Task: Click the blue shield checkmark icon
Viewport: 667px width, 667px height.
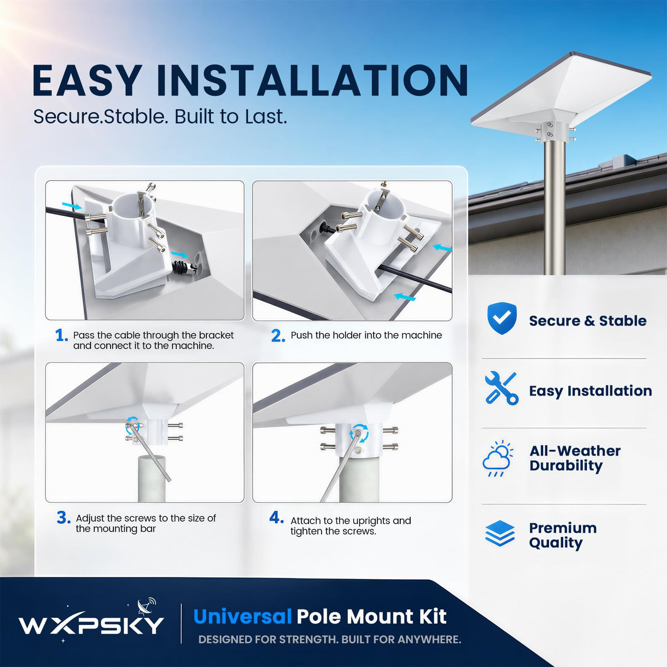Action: [502, 318]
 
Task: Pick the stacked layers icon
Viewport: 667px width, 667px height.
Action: [500, 534]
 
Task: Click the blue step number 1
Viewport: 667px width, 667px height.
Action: [61, 335]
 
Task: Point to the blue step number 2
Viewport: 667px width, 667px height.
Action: [278, 336]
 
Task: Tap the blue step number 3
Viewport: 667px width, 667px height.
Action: [64, 518]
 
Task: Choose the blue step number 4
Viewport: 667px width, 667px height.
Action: [276, 517]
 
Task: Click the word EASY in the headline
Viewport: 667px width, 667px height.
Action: [87, 80]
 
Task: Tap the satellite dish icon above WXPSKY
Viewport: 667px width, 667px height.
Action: [147, 606]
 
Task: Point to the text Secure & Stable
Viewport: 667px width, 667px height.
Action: [588, 321]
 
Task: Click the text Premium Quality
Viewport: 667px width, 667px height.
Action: [563, 535]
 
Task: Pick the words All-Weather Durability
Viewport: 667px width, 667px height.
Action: [575, 458]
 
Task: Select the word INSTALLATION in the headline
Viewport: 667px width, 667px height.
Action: [312, 80]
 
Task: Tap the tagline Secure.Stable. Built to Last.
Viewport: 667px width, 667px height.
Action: [160, 117]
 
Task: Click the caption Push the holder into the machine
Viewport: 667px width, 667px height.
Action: [366, 335]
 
